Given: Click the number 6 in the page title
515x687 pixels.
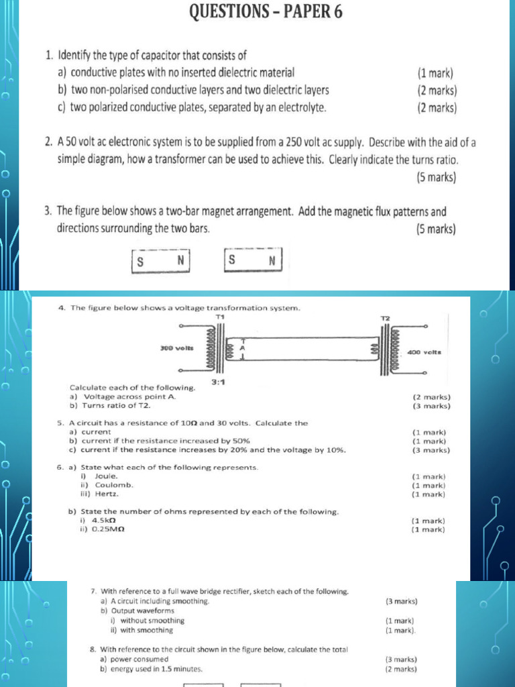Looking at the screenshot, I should pyautogui.click(x=336, y=11).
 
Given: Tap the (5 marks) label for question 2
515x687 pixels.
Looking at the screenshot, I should pyautogui.click(x=436, y=178).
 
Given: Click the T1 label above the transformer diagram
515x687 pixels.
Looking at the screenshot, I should pyautogui.click(x=219, y=316).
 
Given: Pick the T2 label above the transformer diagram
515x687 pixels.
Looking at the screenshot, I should pyautogui.click(x=385, y=317).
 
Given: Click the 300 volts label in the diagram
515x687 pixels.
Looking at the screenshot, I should pyautogui.click(x=176, y=348).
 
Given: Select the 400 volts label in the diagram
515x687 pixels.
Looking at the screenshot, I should pyautogui.click(x=424, y=351).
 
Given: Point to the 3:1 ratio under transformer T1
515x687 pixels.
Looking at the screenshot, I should pyautogui.click(x=218, y=382).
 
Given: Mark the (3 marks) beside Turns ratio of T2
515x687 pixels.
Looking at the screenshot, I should pyautogui.click(x=432, y=406).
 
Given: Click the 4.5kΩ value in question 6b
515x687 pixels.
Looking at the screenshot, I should pyautogui.click(x=104, y=520).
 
